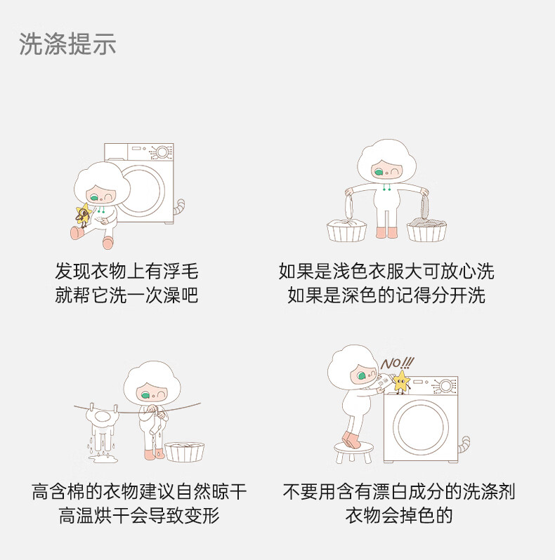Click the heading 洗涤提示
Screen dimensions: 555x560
pyautogui.click(x=67, y=44)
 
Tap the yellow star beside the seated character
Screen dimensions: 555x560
pyautogui.click(x=84, y=214)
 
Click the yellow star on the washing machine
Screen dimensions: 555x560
pyautogui.click(x=401, y=381)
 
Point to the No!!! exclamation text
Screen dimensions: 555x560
pyautogui.click(x=398, y=364)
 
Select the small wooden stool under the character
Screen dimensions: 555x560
pyautogui.click(x=353, y=452)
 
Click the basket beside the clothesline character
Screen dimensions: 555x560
pyautogui.click(x=184, y=452)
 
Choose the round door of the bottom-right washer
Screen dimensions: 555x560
pyautogui.click(x=421, y=427)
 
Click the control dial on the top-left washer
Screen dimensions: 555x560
pyautogui.click(x=162, y=152)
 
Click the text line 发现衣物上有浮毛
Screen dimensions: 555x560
pyautogui.click(x=126, y=272)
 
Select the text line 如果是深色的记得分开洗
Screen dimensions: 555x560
pyautogui.click(x=386, y=295)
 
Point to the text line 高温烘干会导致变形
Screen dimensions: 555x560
pyautogui.click(x=139, y=515)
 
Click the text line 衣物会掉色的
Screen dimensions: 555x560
pyautogui.click(x=399, y=515)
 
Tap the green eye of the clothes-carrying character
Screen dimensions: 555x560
pyautogui.click(x=379, y=172)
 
